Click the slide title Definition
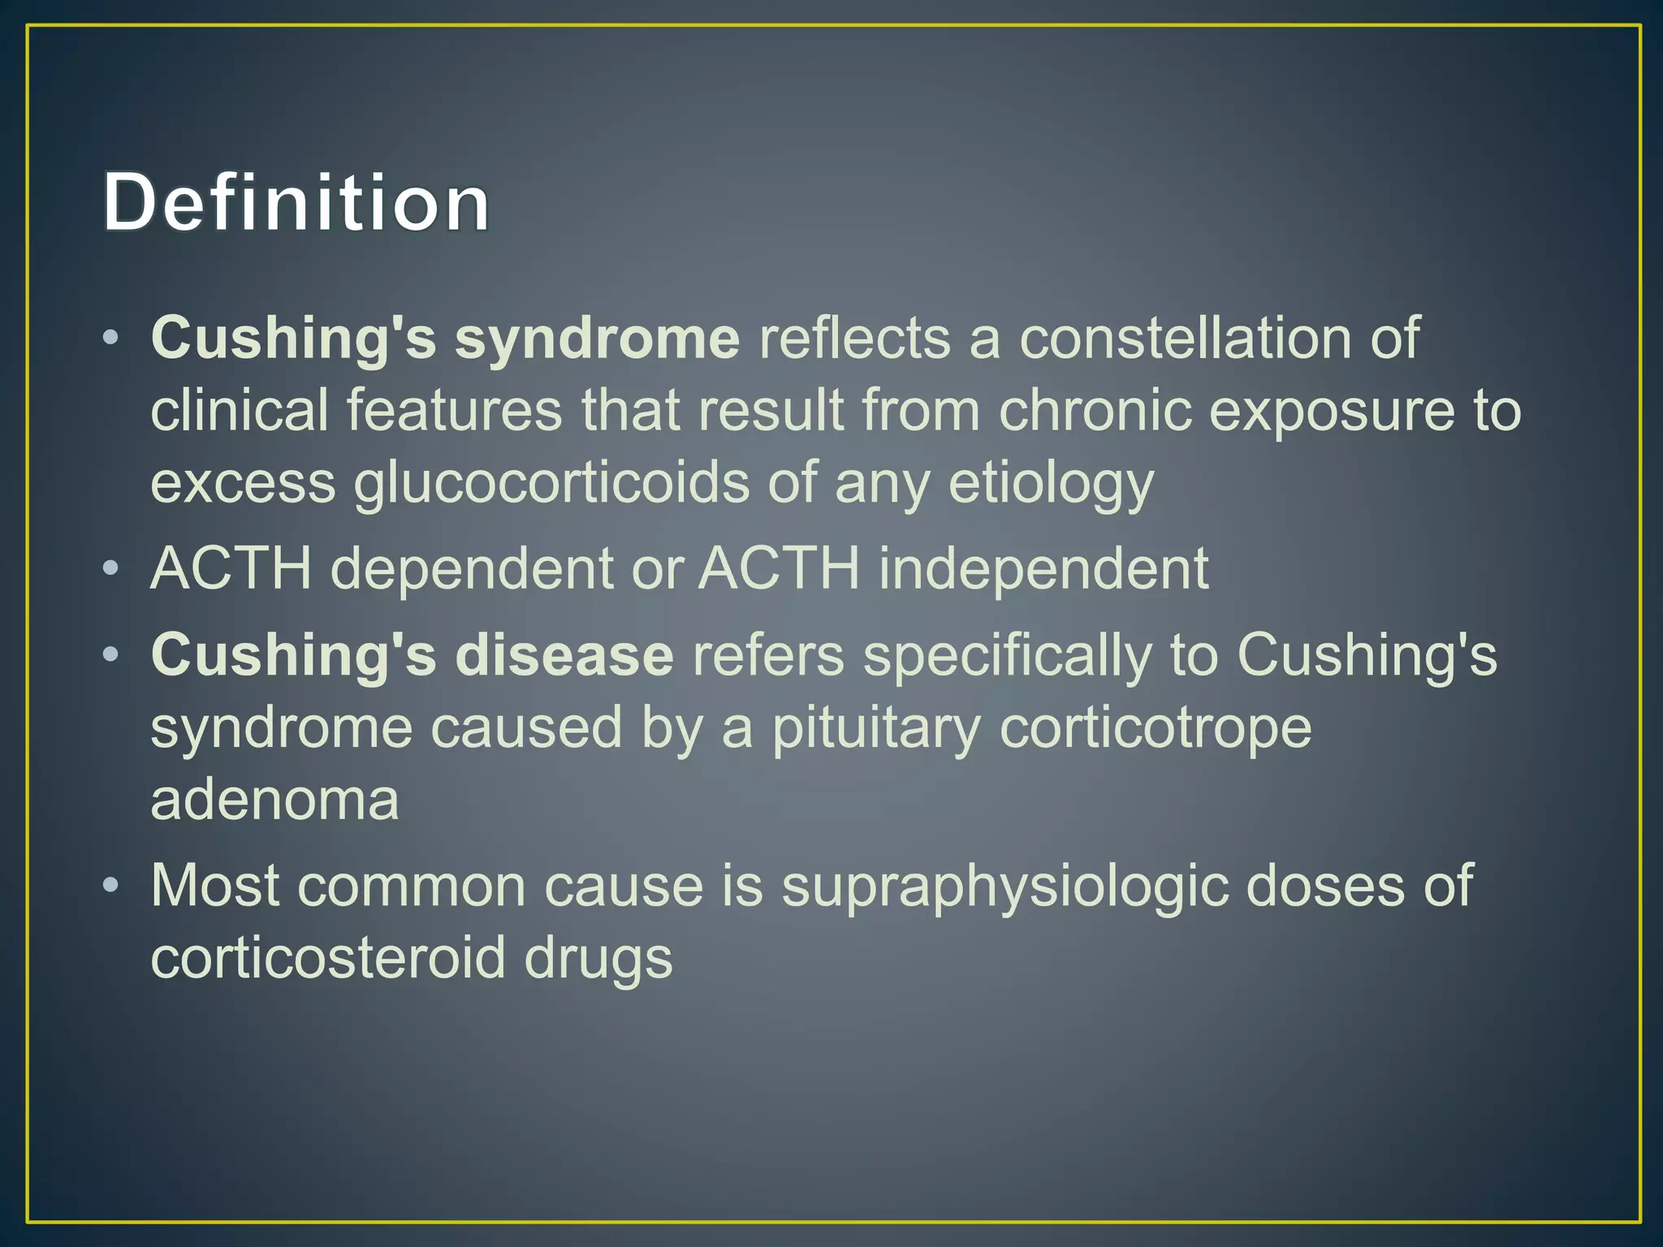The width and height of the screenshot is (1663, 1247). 296,202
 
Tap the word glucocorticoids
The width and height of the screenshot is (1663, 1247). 551,484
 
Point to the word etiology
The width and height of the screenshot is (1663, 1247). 1051,484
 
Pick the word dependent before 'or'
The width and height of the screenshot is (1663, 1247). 472,568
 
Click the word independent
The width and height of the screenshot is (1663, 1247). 1044,568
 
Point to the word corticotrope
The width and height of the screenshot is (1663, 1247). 1155,728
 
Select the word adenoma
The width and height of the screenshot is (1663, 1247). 274,800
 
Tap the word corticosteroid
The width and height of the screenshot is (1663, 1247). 328,958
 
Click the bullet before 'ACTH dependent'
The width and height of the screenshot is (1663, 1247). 112,568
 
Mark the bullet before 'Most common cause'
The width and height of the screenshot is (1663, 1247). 112,885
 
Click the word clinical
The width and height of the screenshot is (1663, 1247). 240,411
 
